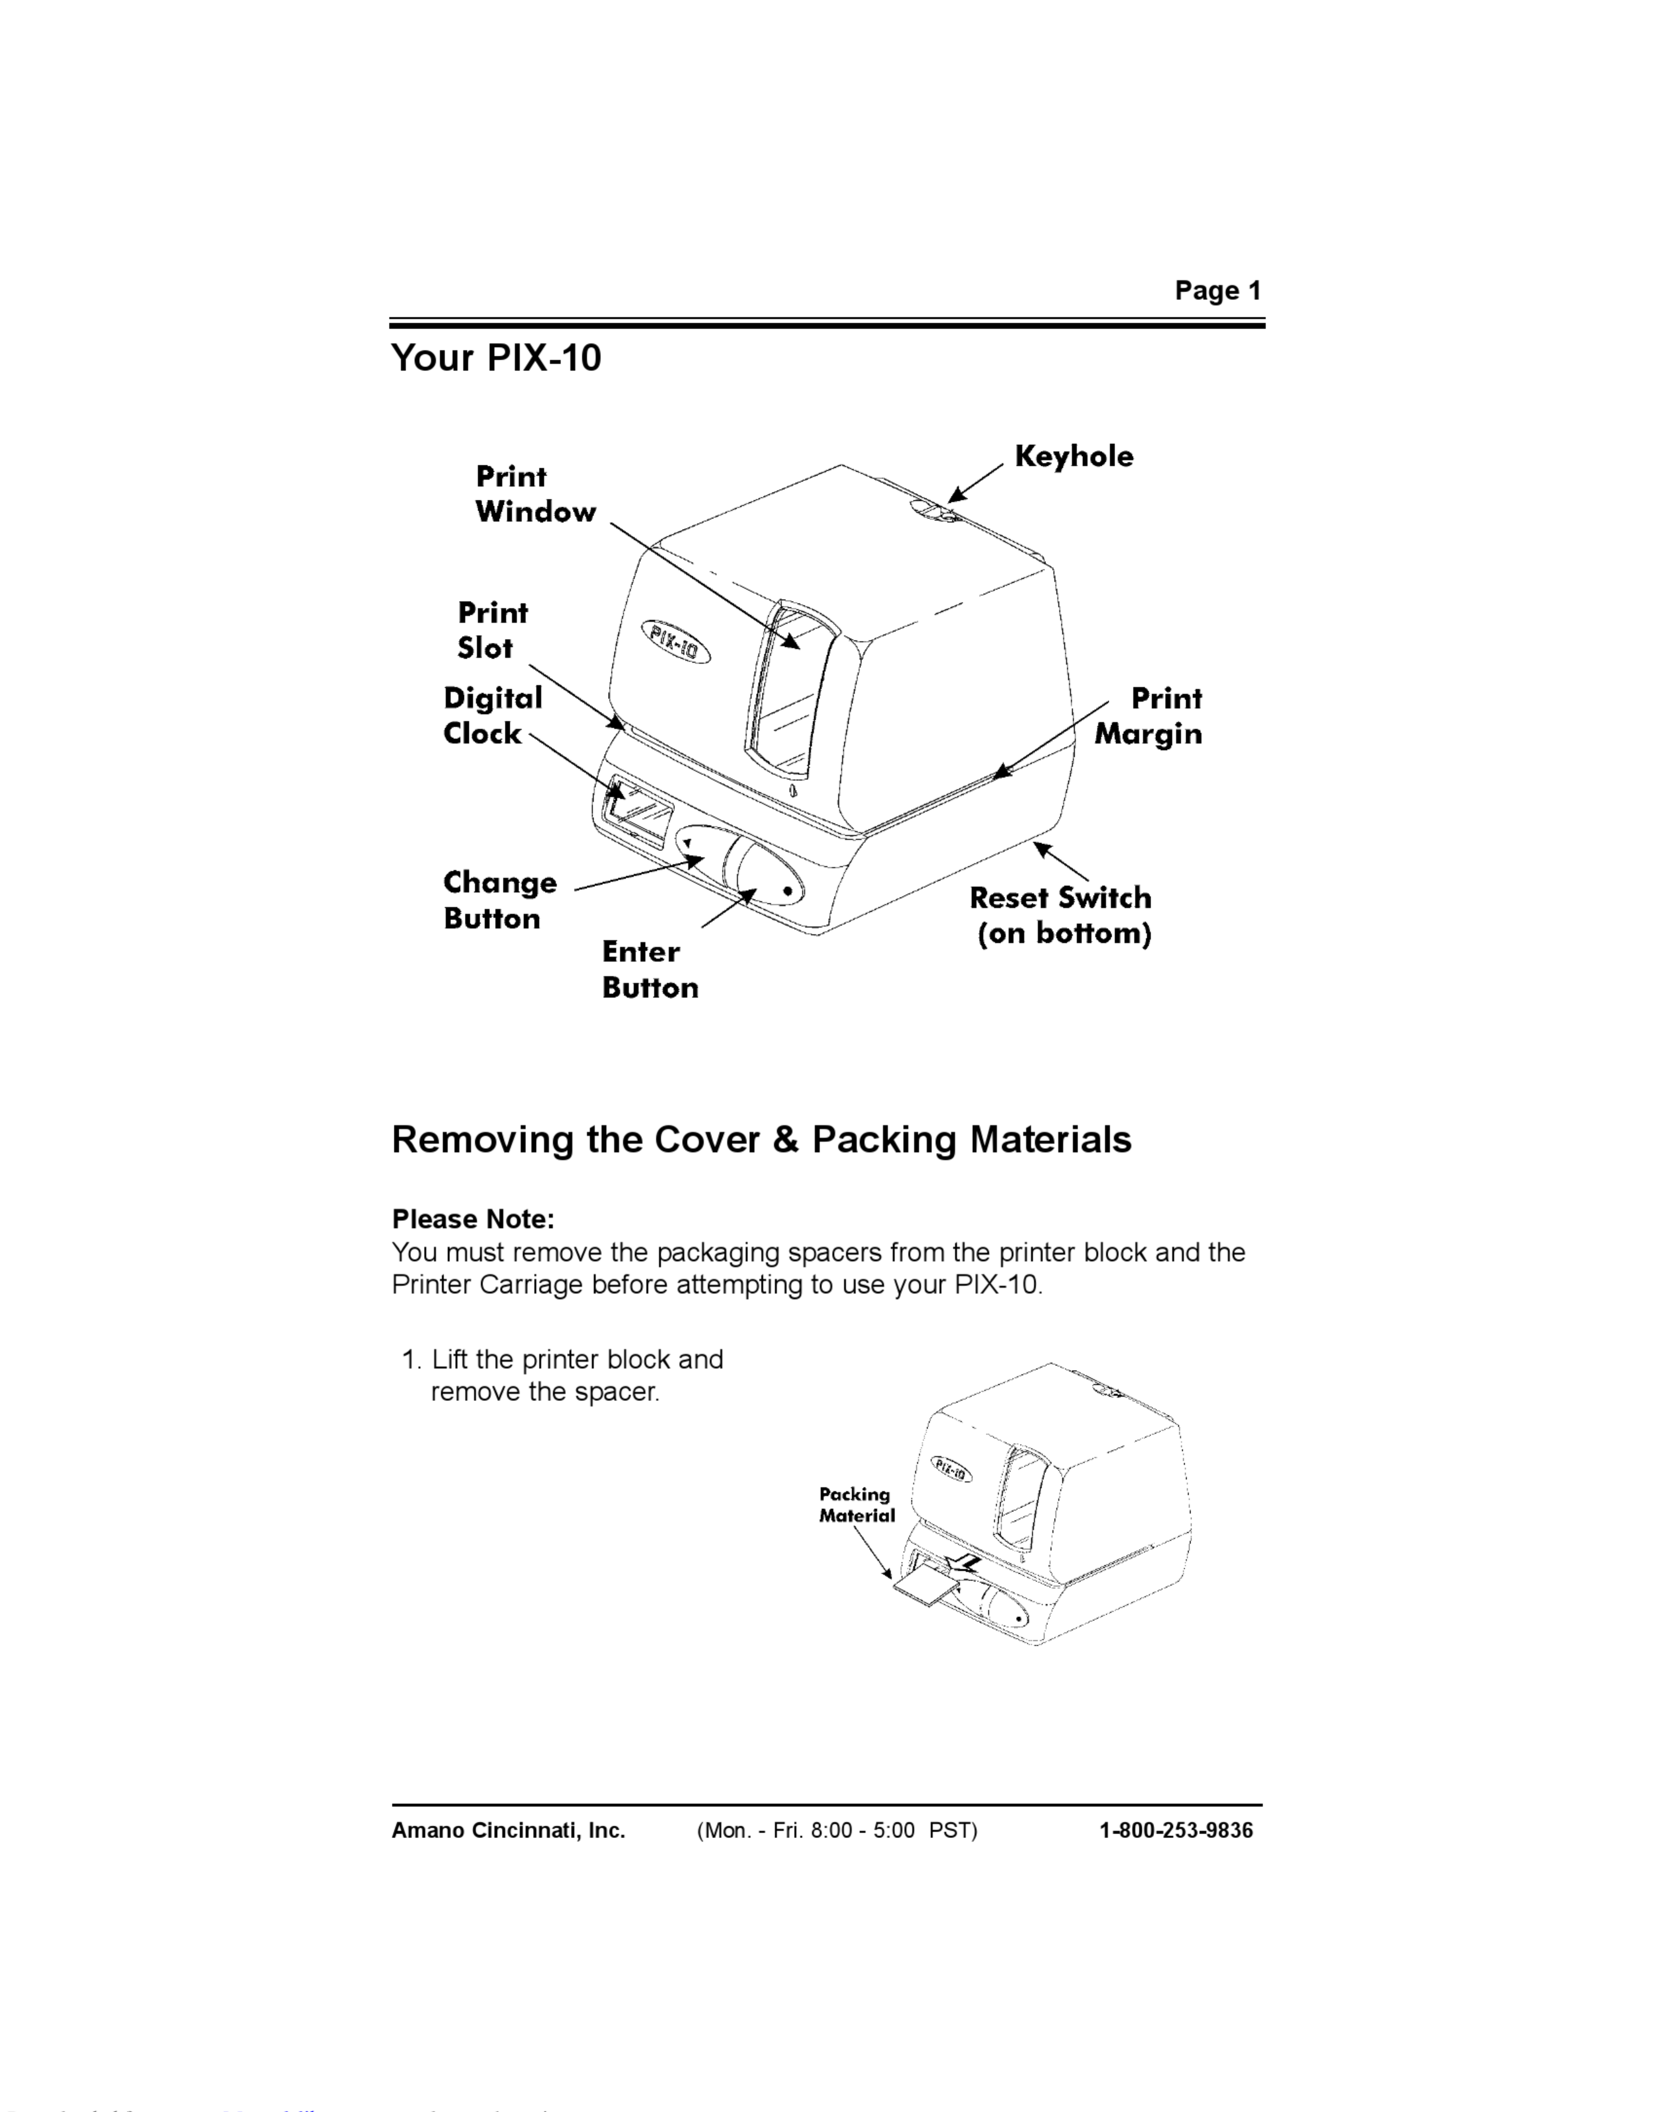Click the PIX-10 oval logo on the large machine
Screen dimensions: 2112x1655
click(x=675, y=642)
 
